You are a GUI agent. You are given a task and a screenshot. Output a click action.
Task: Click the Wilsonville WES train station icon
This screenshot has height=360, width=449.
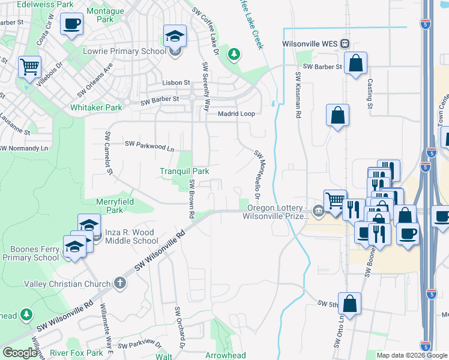(x=345, y=43)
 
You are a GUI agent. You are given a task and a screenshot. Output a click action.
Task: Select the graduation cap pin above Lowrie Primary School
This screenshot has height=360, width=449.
(x=175, y=35)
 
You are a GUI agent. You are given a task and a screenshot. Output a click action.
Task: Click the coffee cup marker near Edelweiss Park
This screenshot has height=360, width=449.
(x=72, y=24)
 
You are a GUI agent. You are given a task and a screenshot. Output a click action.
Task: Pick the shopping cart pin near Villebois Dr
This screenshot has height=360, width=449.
(x=29, y=67)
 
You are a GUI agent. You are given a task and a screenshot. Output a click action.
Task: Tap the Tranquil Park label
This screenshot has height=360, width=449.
(x=184, y=171)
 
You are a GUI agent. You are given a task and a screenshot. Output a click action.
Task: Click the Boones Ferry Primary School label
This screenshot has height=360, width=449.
(x=30, y=253)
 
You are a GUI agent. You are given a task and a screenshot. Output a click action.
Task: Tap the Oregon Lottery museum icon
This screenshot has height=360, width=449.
(x=318, y=210)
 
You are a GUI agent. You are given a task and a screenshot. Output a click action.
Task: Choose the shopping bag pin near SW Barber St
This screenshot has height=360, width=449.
(x=355, y=62)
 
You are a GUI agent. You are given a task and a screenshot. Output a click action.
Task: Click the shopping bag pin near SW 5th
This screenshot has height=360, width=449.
(x=349, y=304)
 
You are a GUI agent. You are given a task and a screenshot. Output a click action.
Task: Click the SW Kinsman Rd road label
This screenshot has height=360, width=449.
(x=297, y=96)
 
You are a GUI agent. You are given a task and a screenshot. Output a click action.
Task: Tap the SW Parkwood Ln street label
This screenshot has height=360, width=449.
(x=149, y=145)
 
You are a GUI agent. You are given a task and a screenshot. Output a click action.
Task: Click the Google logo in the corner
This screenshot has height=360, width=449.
(x=20, y=353)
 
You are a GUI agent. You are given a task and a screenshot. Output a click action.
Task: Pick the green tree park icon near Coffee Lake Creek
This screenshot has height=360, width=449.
(x=234, y=55)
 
